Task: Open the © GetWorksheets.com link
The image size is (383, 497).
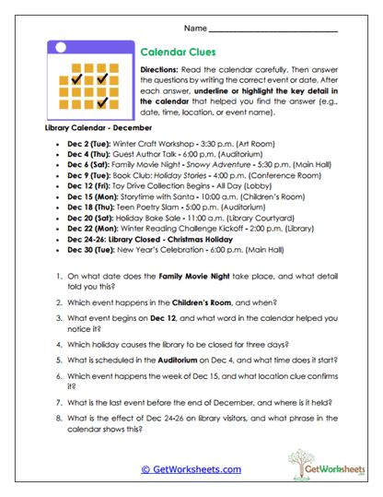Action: click(x=191, y=469)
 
